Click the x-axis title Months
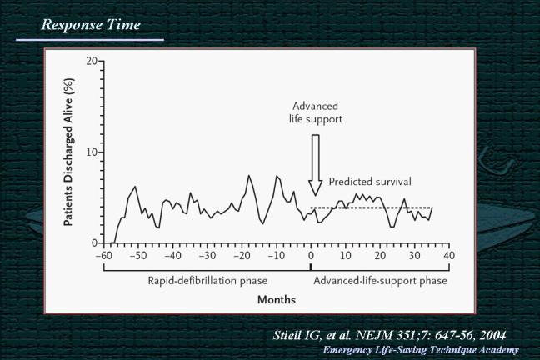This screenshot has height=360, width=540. (x=276, y=299)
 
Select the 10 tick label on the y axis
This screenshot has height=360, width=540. (x=91, y=152)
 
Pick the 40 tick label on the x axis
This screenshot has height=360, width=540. (x=448, y=255)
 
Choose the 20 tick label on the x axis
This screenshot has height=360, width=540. (x=379, y=255)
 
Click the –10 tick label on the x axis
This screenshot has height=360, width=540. (x=276, y=255)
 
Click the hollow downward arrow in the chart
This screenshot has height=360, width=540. (x=315, y=165)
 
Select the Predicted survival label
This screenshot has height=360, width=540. (x=370, y=181)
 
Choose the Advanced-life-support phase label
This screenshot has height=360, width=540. (x=380, y=281)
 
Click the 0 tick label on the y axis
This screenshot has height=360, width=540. (x=94, y=243)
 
